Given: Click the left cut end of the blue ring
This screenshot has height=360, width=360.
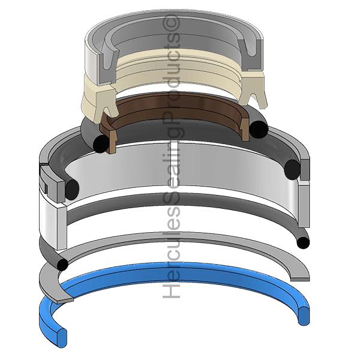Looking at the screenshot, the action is (62, 338).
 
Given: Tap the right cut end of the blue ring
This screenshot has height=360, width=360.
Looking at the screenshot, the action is (304, 316).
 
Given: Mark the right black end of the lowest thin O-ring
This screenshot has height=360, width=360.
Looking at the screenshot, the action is (303, 243).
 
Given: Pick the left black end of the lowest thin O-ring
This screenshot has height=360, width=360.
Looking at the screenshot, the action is (62, 265).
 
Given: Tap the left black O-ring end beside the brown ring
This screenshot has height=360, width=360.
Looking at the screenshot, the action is (101, 144).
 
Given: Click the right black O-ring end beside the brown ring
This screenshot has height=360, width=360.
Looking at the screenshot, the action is (259, 130).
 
